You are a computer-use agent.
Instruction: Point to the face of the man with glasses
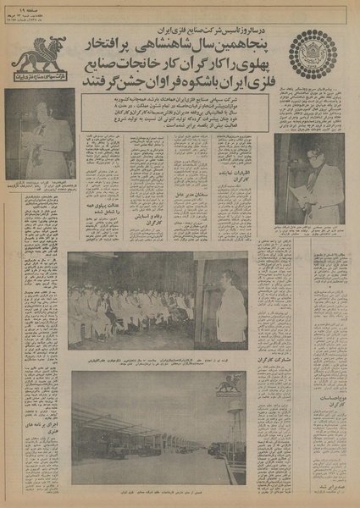click(x=316, y=159)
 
